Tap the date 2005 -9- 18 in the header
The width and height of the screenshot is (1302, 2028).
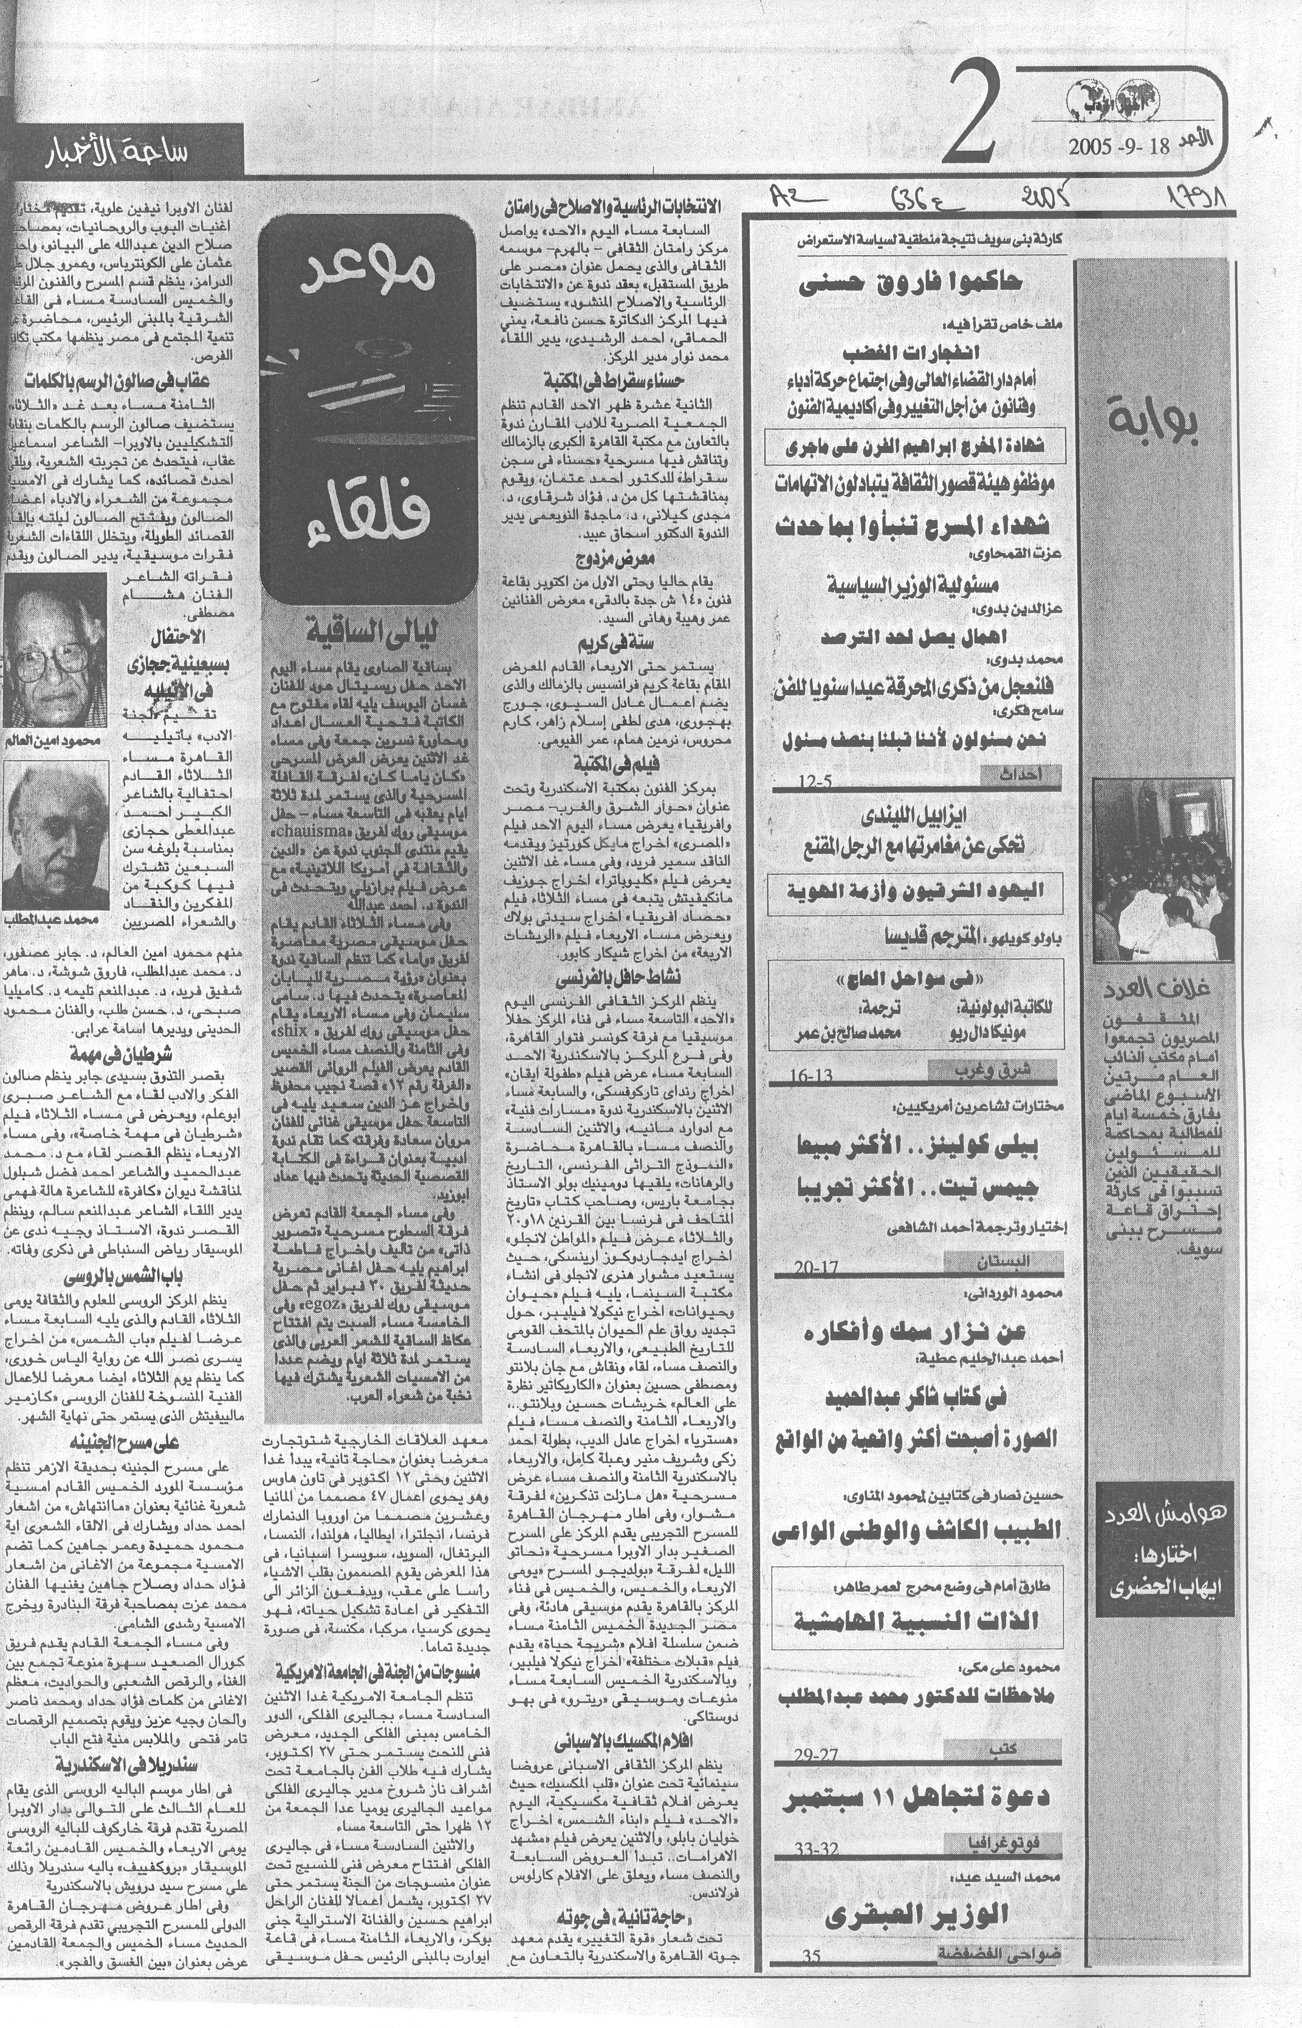pos(1119,145)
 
